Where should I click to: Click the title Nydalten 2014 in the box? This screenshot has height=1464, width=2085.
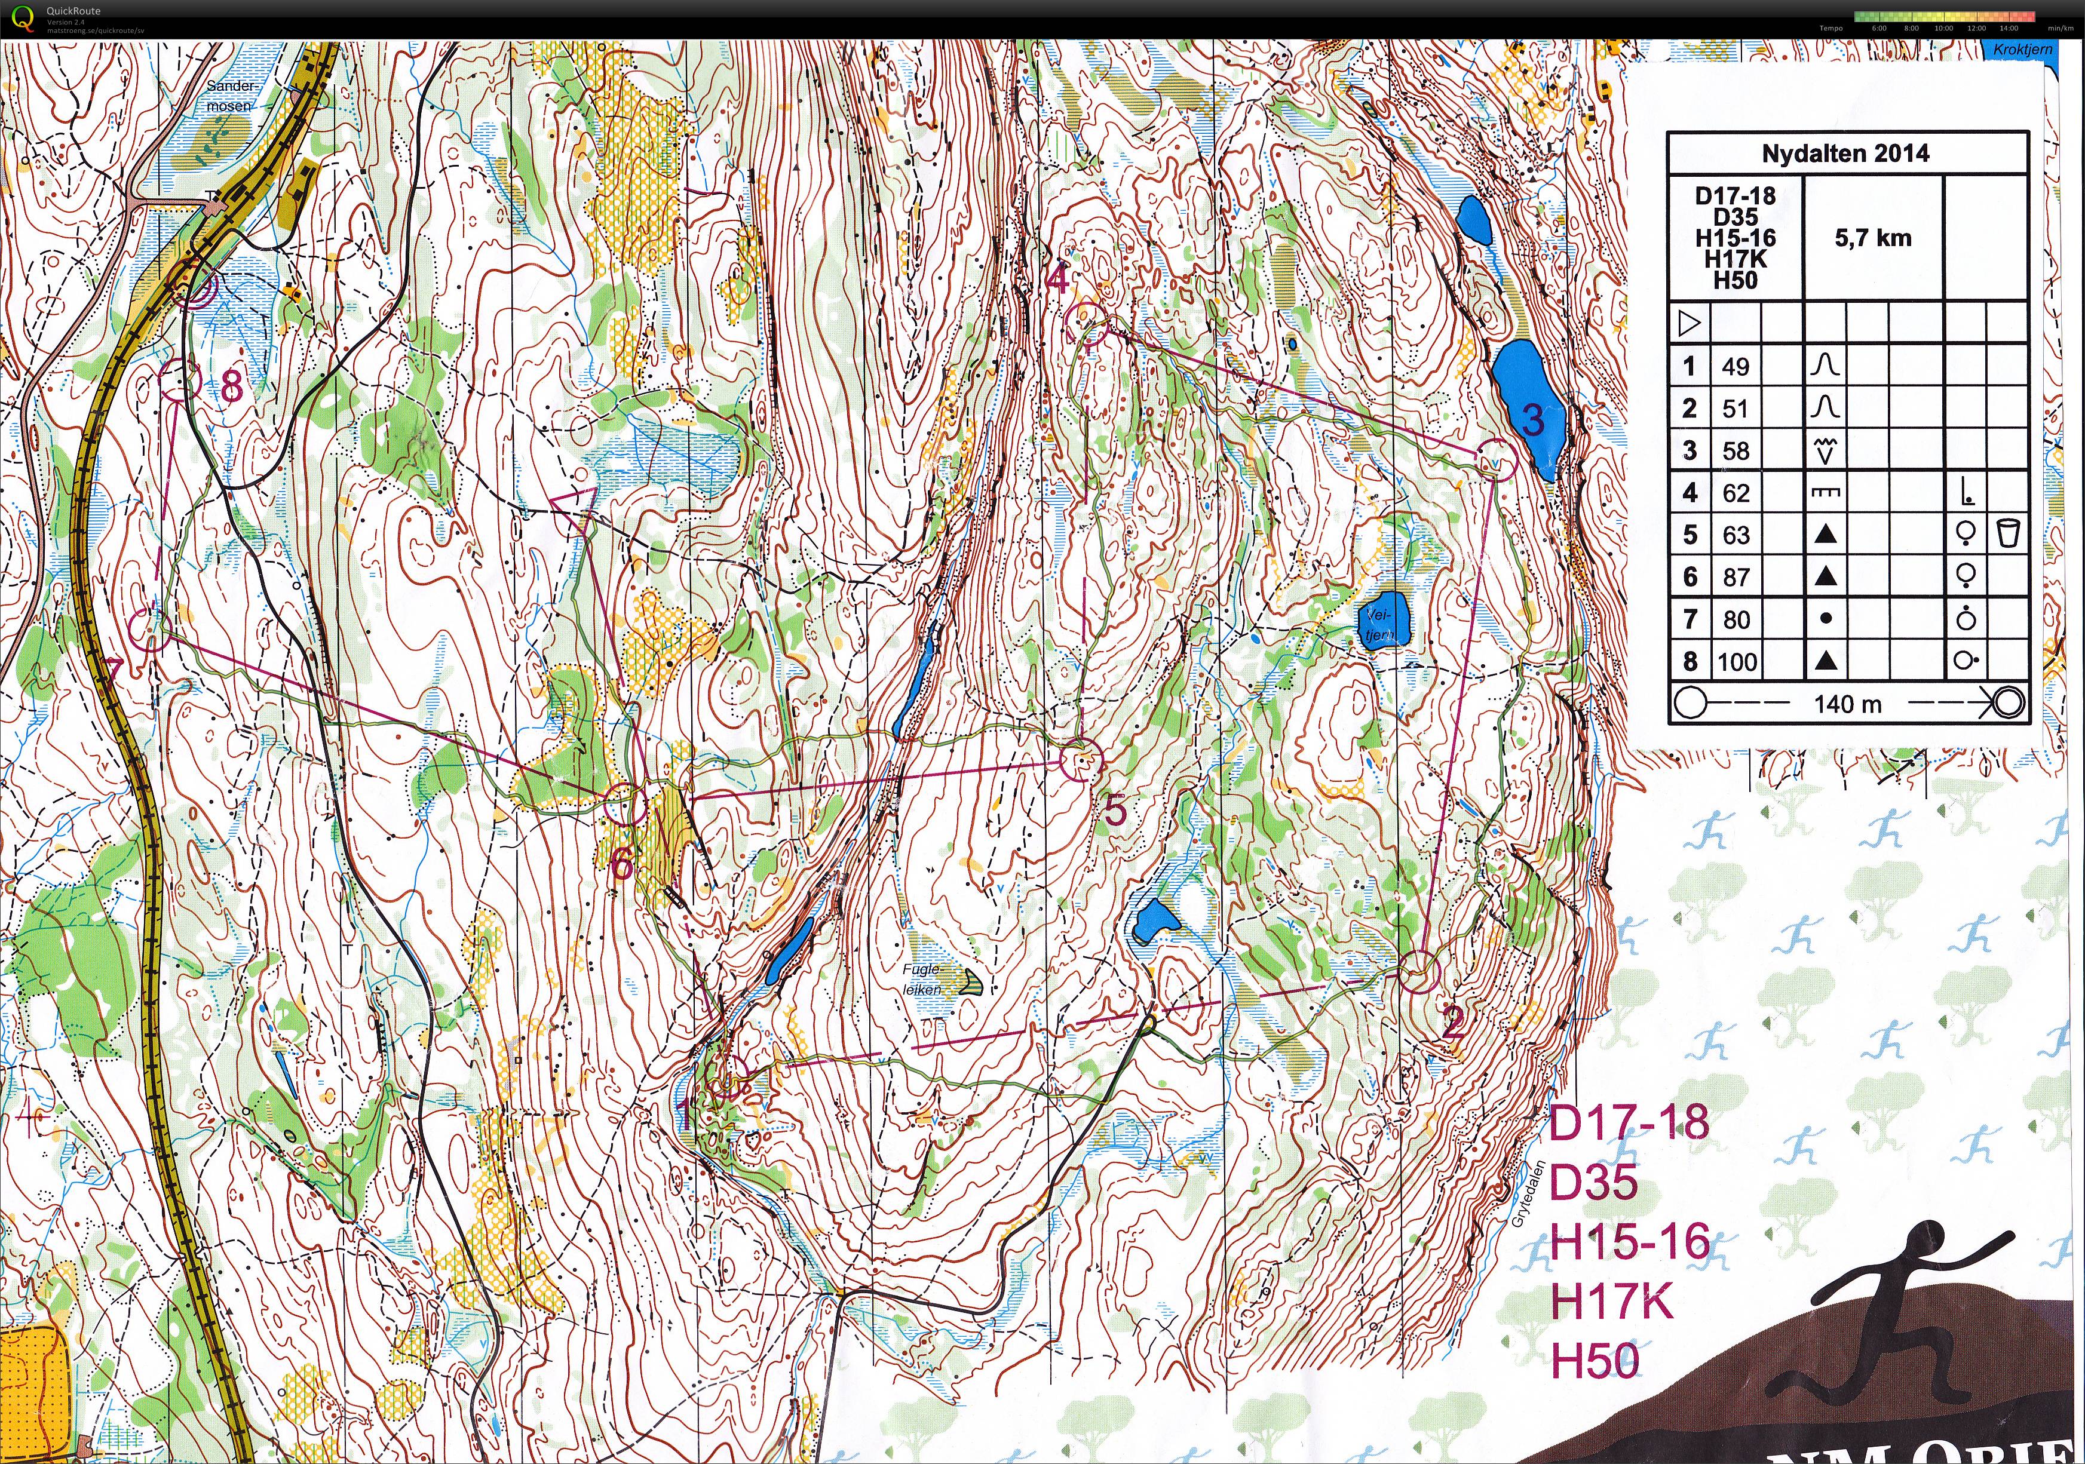(1845, 154)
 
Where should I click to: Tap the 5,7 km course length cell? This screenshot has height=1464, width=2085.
(1872, 238)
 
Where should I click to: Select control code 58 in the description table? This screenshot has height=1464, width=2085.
(1736, 450)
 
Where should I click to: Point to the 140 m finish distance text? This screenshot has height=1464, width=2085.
(1847, 704)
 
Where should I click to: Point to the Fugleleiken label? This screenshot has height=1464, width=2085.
(922, 979)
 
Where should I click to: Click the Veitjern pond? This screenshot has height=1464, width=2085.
(1385, 620)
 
